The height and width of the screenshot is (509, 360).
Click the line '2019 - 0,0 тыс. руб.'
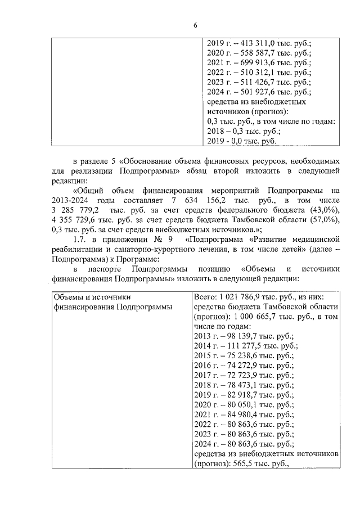pos(242,141)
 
